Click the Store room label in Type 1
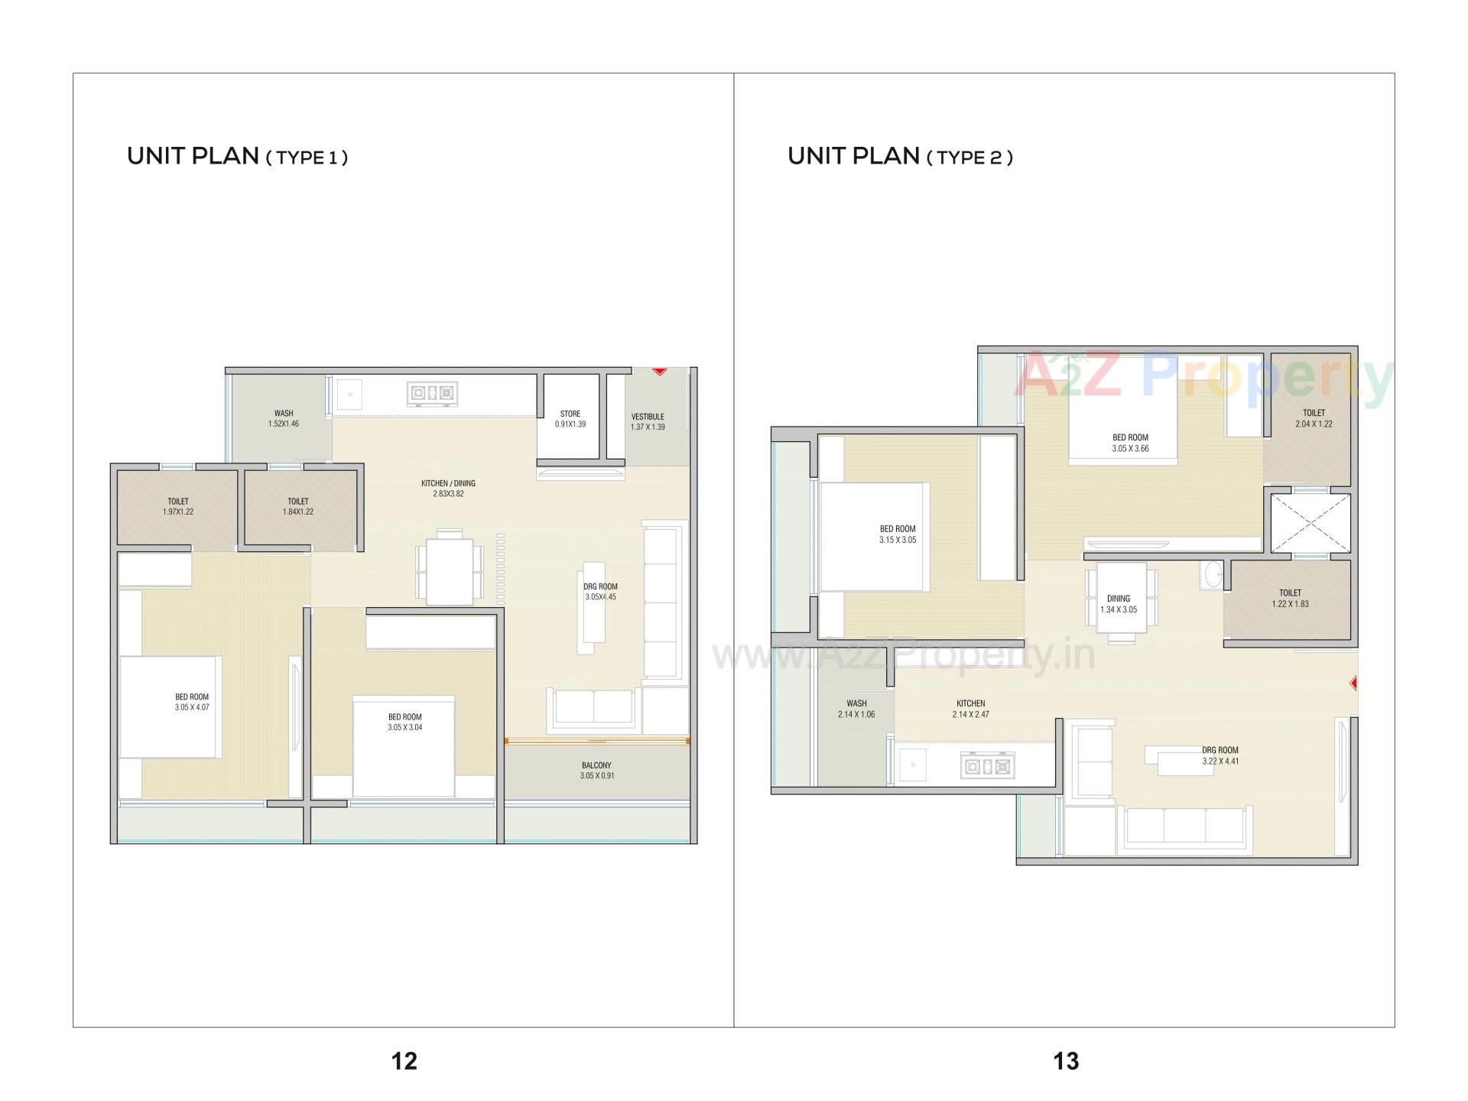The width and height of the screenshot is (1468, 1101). click(x=570, y=418)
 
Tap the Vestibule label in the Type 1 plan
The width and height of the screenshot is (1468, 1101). click(x=648, y=421)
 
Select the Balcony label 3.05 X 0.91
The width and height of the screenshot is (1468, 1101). click(x=596, y=770)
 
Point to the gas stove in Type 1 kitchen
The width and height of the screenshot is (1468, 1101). click(x=432, y=393)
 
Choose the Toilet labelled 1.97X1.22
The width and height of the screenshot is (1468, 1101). click(x=178, y=506)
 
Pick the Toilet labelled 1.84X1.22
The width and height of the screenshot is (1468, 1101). click(x=298, y=506)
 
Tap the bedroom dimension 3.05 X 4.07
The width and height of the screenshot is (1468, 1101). click(x=191, y=707)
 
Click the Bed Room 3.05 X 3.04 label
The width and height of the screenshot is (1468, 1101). click(x=404, y=722)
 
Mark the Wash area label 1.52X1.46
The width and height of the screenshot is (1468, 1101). click(x=284, y=418)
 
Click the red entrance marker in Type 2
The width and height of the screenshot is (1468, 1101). click(x=1353, y=683)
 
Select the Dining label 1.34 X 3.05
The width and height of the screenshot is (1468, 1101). click(x=1118, y=604)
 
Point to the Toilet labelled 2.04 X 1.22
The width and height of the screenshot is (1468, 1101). click(x=1314, y=417)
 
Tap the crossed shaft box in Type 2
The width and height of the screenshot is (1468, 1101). click(x=1310, y=523)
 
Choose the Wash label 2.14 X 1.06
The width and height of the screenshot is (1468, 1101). click(x=856, y=709)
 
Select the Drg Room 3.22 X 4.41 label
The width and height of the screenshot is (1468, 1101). click(x=1220, y=755)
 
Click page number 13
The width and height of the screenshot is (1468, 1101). click(x=1066, y=1060)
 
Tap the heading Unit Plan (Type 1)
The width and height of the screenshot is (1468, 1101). click(x=237, y=156)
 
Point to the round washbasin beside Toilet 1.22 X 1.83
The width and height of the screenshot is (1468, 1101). click(x=1211, y=574)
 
